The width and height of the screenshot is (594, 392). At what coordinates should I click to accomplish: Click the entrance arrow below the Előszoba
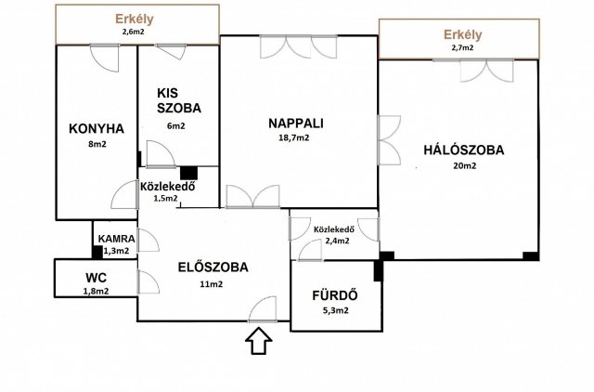tap(259, 341)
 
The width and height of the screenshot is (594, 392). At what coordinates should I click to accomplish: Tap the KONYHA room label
tap(97, 128)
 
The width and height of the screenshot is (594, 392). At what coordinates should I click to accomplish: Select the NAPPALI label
tap(296, 124)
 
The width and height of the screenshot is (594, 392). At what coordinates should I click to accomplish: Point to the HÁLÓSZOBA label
tap(464, 150)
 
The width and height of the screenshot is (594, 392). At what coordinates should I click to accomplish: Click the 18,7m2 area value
tap(293, 138)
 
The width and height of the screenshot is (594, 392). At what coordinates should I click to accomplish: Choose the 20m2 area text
tap(465, 165)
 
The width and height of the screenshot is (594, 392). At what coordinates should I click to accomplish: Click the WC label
tap(96, 278)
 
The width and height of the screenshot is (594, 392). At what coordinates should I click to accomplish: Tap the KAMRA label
tap(116, 239)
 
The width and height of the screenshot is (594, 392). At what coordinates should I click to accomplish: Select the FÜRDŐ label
tap(335, 295)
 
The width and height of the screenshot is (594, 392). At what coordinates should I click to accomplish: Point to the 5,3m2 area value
tap(335, 310)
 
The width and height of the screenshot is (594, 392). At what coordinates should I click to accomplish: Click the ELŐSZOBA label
tap(213, 268)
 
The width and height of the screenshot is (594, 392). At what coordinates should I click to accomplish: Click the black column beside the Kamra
tap(97, 252)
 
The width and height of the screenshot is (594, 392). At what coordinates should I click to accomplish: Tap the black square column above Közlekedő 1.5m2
tap(188, 173)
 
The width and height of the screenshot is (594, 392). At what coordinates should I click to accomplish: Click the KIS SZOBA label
tap(179, 100)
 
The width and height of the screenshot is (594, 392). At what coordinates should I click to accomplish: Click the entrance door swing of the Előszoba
tap(262, 308)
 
